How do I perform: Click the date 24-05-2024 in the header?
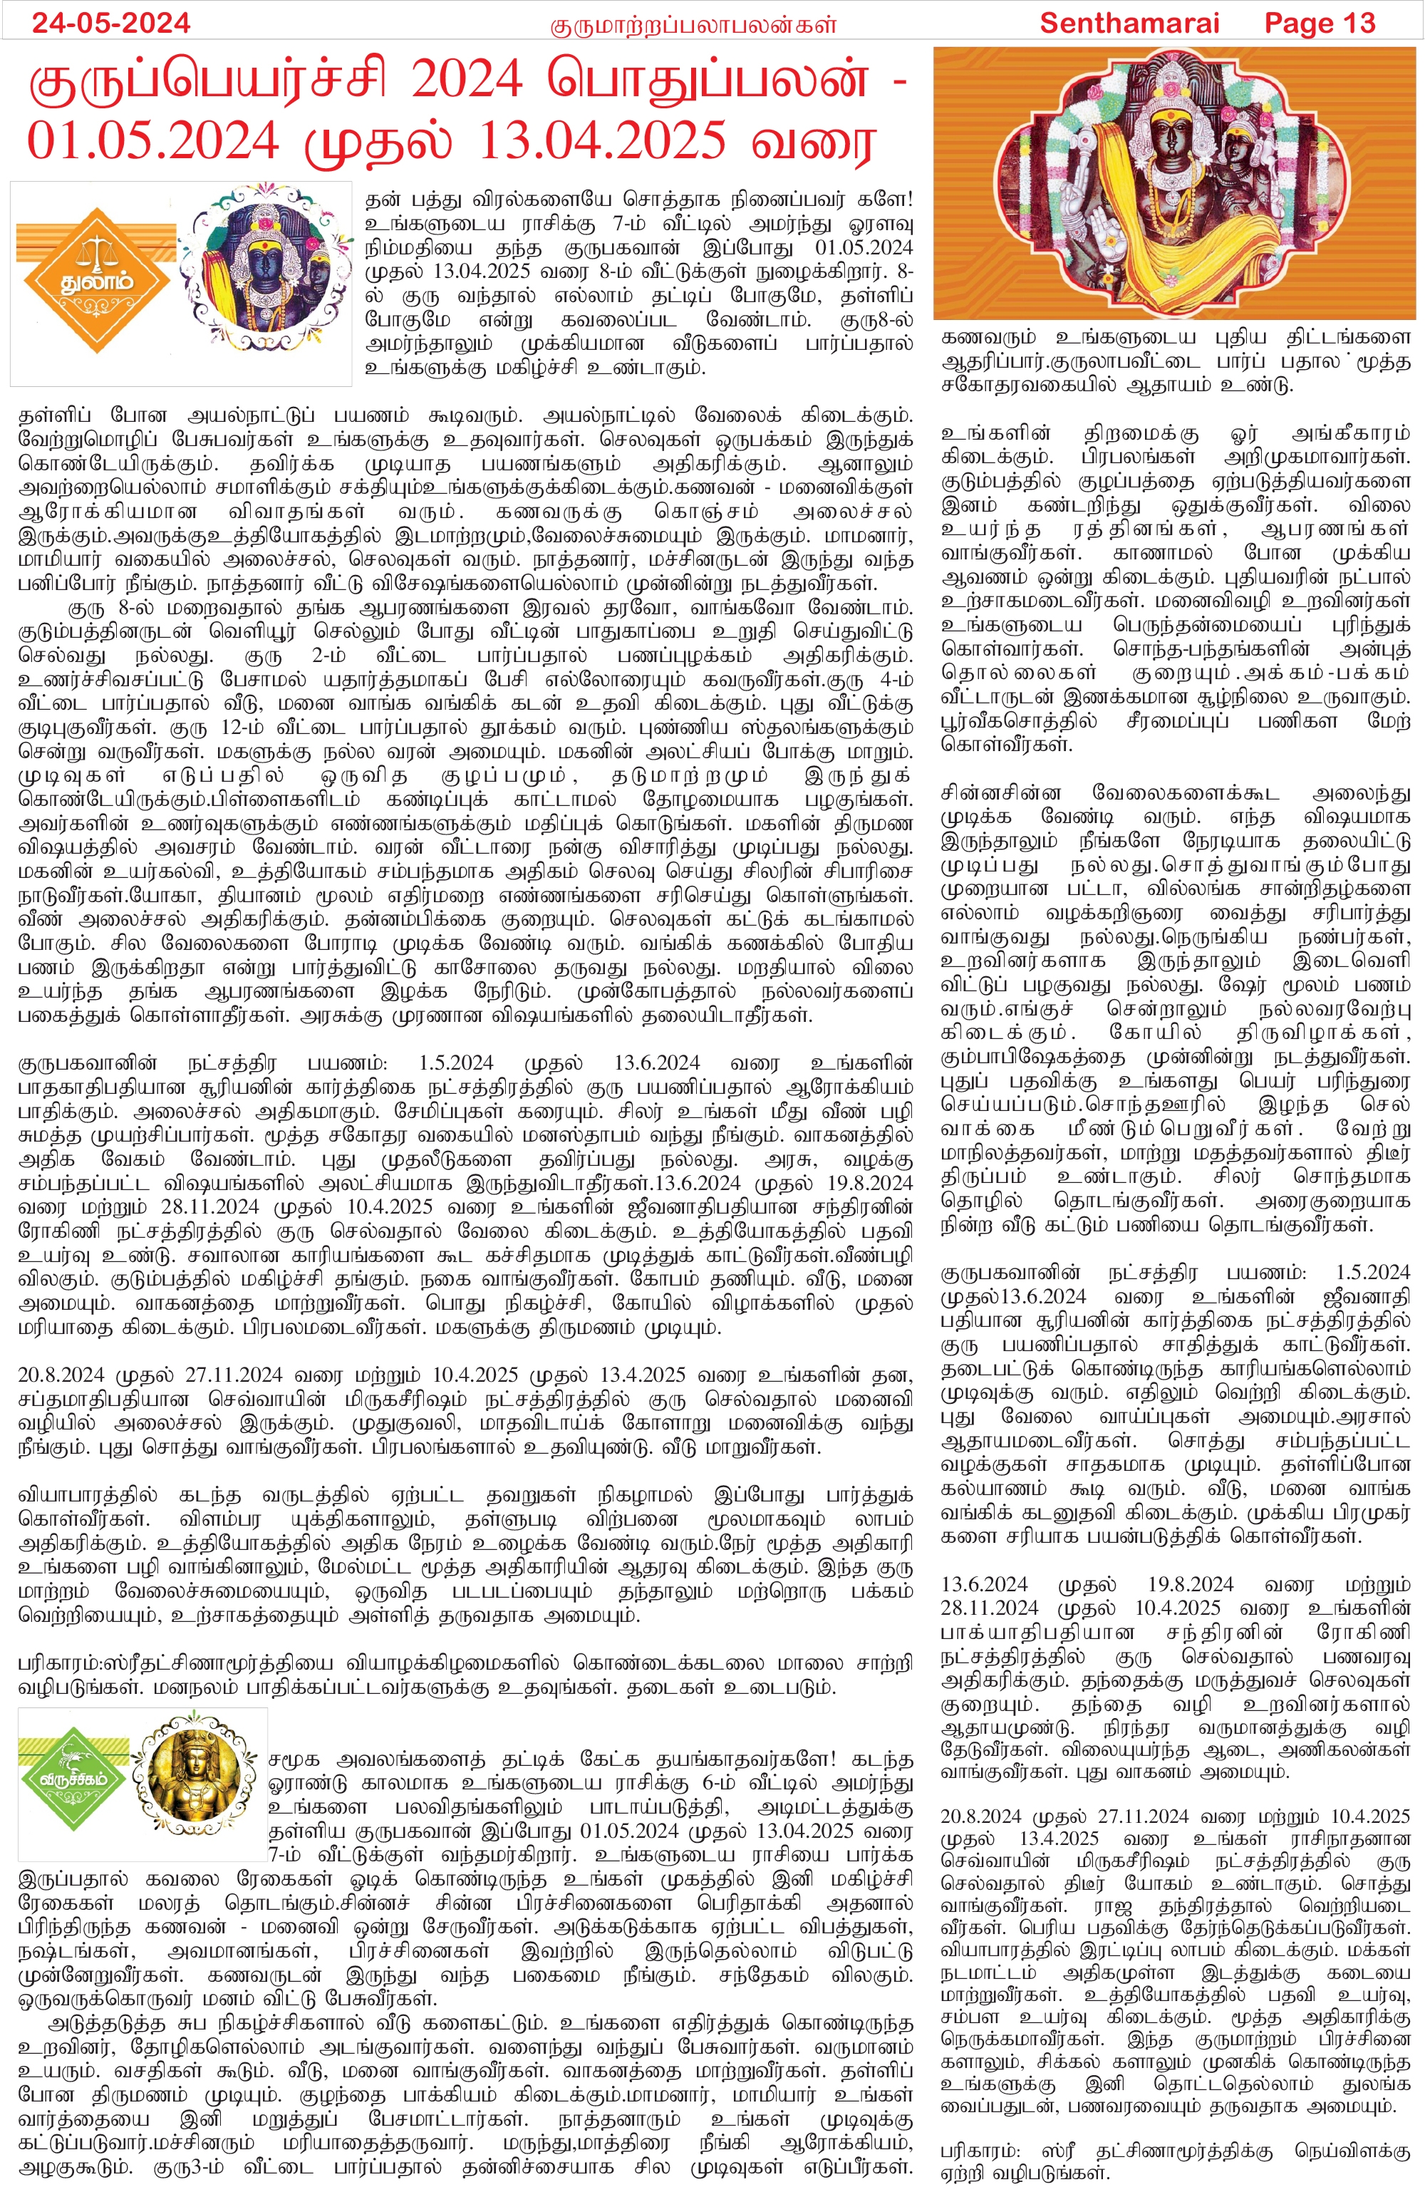111,22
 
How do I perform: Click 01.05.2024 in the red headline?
152,140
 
